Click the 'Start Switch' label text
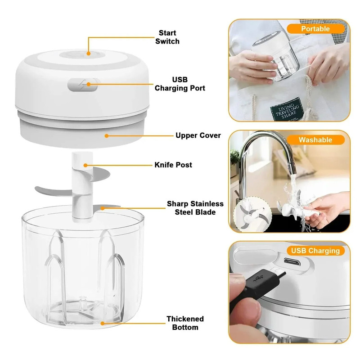point(167,37)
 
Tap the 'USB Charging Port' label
point(180,84)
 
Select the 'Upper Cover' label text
point(198,135)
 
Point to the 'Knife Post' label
point(173,165)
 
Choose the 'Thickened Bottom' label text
point(185,323)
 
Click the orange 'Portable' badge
point(315,29)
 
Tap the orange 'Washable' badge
point(315,139)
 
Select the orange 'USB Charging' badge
point(315,251)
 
